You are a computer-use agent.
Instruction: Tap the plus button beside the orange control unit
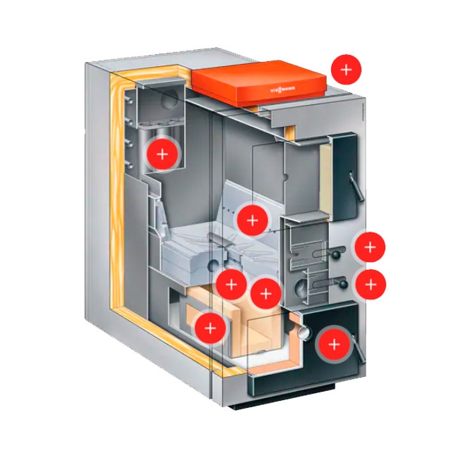point(346,69)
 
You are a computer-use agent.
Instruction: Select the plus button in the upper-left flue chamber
point(163,154)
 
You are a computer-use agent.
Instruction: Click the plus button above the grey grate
point(253,220)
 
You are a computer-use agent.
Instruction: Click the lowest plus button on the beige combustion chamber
point(210,327)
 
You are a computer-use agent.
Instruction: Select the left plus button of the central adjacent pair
point(230,285)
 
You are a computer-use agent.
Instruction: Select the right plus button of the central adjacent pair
point(266,292)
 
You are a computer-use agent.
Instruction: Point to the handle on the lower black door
point(359,350)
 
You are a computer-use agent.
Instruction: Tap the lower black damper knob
point(341,284)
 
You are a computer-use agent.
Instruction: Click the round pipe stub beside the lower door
point(304,328)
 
